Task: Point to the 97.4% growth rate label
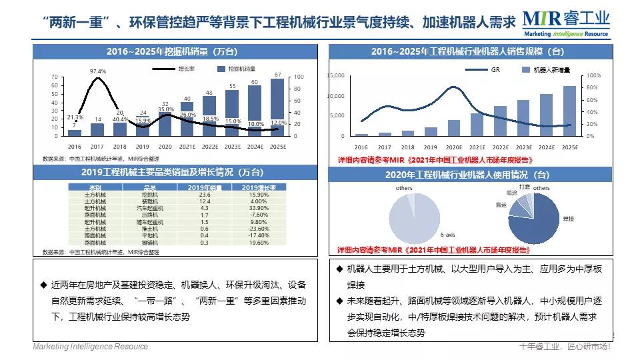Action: (x=98, y=71)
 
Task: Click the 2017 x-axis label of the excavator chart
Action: (x=97, y=146)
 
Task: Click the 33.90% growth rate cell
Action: (x=253, y=208)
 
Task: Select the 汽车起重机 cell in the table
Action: (x=150, y=208)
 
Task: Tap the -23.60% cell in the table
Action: (x=253, y=229)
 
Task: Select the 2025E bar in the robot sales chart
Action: (x=569, y=111)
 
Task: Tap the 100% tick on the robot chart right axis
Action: (x=593, y=76)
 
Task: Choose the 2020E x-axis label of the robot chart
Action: (x=453, y=147)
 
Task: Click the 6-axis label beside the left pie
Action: (x=448, y=235)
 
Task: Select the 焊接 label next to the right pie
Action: (x=569, y=218)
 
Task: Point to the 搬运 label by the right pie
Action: (x=501, y=205)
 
